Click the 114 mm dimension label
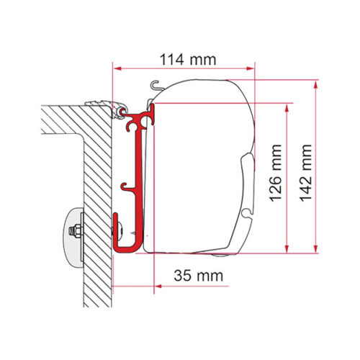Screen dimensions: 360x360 pyautogui.click(x=188, y=60)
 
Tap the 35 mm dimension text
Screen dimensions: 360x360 pyautogui.click(x=199, y=276)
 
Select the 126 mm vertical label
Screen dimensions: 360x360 pyautogui.click(x=275, y=173)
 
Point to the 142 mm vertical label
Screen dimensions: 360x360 pyautogui.click(x=306, y=173)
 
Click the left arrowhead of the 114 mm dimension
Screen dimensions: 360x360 pyautogui.click(x=117, y=68)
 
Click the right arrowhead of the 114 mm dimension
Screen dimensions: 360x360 pyautogui.click(x=251, y=68)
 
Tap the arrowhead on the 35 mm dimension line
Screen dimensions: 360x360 pyautogui.click(x=158, y=286)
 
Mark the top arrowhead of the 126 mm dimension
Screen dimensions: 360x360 pyautogui.click(x=287, y=107)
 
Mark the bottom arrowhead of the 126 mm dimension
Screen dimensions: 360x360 pyautogui.click(x=287, y=249)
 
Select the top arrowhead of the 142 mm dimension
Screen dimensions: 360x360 pyautogui.click(x=316, y=84)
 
